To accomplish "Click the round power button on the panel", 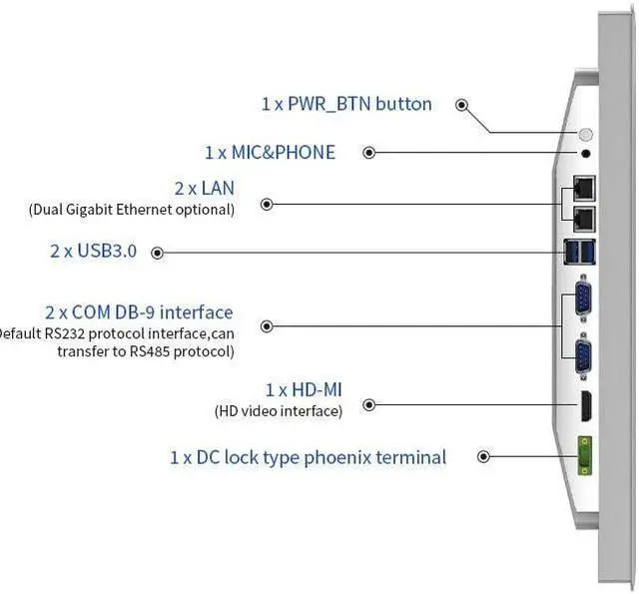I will coord(586,135).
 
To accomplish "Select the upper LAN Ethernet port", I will coord(583,187).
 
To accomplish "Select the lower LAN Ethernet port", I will coord(583,217).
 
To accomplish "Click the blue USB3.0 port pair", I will coord(581,253).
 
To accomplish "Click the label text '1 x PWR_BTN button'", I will coord(346,104).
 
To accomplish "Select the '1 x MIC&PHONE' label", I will coord(270,153).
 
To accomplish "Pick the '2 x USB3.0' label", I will coord(93,252).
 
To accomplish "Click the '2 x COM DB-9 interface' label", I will coord(139,312).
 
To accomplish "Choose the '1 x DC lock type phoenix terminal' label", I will coord(308,457).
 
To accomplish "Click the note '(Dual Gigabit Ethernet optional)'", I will coord(132,210).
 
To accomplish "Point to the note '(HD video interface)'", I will coord(279,410).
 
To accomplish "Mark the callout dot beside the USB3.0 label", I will coord(158,253).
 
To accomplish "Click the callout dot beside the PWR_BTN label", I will coord(462,104).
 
